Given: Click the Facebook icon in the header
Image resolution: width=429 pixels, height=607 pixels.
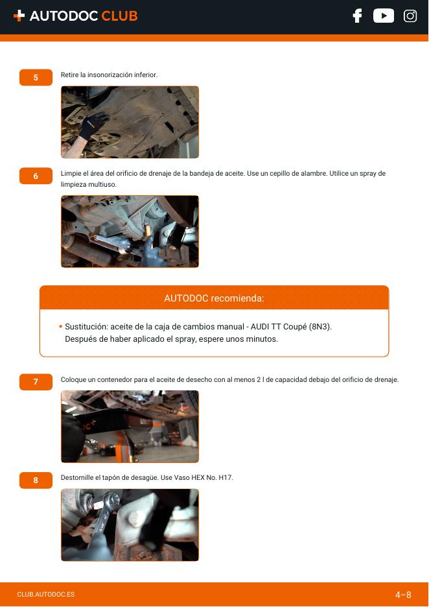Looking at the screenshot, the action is pos(357,16).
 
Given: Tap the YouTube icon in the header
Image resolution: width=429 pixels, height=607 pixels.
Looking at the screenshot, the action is pos(384,16).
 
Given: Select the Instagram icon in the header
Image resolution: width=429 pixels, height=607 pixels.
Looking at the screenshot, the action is pos(410,16).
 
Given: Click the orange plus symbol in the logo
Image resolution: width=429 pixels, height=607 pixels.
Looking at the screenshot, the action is pos(19,16).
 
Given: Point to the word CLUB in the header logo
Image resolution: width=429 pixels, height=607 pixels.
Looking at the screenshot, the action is pos(119,16).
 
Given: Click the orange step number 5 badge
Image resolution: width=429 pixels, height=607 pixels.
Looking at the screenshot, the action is pos(36,77).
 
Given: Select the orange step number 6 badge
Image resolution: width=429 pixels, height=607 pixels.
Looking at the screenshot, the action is pos(36,176).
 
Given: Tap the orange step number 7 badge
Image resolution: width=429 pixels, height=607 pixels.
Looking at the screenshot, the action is pos(36,382).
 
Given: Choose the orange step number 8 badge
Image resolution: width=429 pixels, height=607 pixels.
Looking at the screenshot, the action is pos(36,481).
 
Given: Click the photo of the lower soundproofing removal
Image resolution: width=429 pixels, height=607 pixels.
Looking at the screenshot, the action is pos(130,122).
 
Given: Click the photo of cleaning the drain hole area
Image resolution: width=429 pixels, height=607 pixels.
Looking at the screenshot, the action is pos(130,232).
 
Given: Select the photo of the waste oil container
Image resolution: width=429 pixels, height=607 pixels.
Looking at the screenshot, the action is pos(130,427).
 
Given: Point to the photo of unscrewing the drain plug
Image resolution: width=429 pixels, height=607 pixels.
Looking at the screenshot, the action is pos(130,525).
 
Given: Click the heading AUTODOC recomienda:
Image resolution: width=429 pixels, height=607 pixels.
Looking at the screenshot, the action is pos(214,298).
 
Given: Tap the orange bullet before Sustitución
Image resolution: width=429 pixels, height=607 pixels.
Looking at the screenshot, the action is pos(61,327).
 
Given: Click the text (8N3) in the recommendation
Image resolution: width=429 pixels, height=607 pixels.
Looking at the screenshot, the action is pos(320,327).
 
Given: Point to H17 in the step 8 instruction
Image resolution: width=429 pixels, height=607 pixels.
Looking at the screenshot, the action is pos(226,478).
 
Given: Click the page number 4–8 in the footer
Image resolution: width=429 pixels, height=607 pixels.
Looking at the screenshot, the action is pos(403,595).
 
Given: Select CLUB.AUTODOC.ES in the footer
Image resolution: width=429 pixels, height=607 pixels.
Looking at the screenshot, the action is pos(45,595).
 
